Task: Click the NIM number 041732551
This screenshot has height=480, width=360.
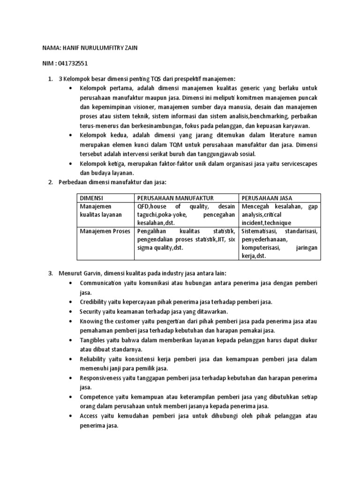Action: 71,63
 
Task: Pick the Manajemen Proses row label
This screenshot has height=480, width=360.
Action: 105,231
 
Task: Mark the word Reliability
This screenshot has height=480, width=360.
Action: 94,360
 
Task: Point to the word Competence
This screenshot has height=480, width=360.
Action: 97,397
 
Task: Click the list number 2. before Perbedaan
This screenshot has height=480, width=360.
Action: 51,182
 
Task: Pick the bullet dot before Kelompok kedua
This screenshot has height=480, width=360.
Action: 70,135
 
